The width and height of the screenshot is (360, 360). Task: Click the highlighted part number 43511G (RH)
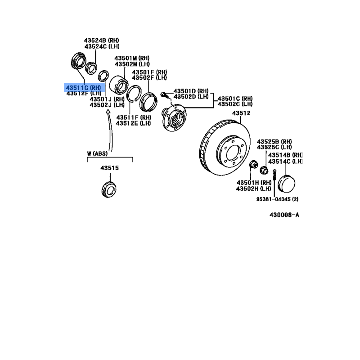click(x=83, y=88)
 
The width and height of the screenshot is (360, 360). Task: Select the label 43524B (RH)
click(x=102, y=40)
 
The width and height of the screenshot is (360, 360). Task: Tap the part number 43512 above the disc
click(x=241, y=113)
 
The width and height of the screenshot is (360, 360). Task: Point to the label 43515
click(x=109, y=168)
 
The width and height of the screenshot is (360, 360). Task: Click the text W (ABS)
click(x=97, y=153)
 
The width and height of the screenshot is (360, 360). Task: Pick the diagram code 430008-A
click(x=284, y=215)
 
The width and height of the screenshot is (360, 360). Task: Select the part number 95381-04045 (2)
click(x=277, y=199)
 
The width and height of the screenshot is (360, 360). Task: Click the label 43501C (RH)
click(x=235, y=99)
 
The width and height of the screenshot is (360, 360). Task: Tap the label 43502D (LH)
click(x=191, y=97)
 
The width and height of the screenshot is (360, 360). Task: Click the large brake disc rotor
click(x=225, y=148)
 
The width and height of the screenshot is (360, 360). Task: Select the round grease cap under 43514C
click(x=286, y=184)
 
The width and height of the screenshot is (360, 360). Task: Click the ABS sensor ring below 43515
click(x=109, y=189)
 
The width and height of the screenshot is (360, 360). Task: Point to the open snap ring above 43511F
click(x=134, y=94)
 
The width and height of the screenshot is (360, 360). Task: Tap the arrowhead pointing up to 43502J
click(x=108, y=111)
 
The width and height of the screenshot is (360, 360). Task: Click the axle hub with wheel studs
click(x=174, y=117)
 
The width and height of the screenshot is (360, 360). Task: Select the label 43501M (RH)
click(x=132, y=58)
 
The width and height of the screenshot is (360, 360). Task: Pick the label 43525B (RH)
click(x=274, y=142)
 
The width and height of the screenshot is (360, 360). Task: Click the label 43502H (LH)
click(x=254, y=189)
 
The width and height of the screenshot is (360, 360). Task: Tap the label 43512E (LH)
click(x=133, y=123)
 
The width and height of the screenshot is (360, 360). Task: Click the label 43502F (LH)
click(x=149, y=78)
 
